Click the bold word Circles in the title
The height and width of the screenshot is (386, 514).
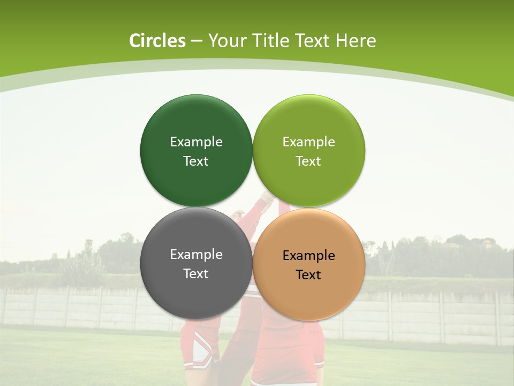click(157, 41)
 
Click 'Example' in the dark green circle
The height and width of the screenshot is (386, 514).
click(196, 142)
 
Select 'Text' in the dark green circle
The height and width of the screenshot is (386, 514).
click(196, 161)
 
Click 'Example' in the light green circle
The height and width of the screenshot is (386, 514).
click(308, 142)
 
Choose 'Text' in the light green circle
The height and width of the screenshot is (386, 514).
click(308, 161)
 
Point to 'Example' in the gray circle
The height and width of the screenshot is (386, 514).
click(196, 254)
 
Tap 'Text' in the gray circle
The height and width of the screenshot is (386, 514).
click(196, 273)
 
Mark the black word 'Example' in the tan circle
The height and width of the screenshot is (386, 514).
click(308, 255)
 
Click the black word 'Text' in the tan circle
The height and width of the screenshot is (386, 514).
click(308, 274)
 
